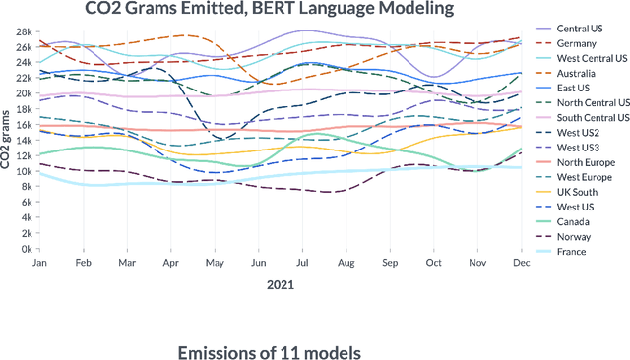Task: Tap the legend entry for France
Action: tap(573, 252)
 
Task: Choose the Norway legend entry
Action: tap(575, 237)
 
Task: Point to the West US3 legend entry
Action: tap(578, 148)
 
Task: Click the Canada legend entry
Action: tap(575, 222)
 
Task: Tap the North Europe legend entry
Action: tap(584, 162)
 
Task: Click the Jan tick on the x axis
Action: tap(40, 263)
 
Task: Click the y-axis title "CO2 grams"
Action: tap(8, 141)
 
